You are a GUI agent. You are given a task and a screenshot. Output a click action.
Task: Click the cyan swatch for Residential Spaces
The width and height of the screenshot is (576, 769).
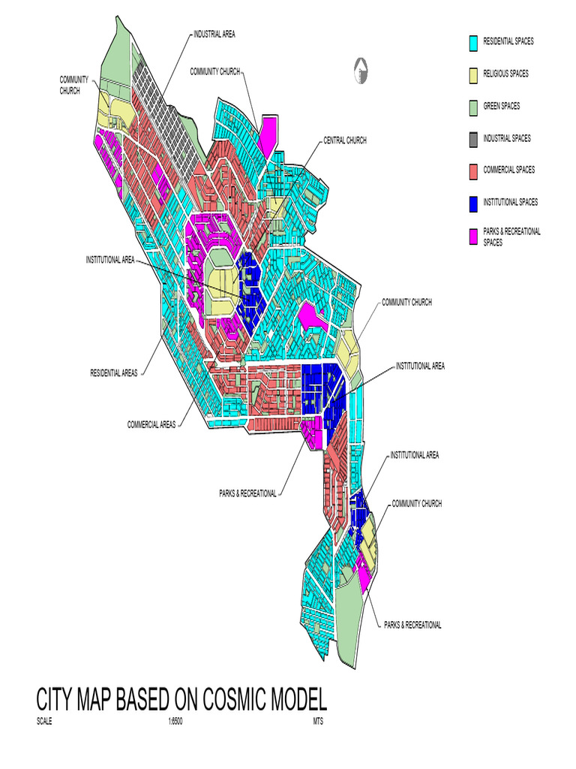(473, 42)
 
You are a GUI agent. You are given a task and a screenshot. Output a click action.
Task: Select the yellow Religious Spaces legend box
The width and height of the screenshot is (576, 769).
(473, 74)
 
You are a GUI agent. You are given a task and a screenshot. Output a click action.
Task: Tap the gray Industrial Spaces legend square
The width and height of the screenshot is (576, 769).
(473, 139)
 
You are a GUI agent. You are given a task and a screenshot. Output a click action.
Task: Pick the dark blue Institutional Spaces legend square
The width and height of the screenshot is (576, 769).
(473, 203)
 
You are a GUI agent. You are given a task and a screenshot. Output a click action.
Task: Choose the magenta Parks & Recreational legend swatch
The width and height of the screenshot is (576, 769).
(473, 237)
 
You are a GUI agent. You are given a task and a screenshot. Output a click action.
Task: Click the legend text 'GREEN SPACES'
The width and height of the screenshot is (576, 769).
(501, 107)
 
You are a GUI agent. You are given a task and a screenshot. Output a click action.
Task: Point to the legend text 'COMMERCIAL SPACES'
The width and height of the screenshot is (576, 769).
(508, 170)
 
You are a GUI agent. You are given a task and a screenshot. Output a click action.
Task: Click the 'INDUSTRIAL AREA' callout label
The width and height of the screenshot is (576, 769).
(214, 35)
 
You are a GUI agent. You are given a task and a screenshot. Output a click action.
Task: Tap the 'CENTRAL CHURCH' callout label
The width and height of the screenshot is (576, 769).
(345, 140)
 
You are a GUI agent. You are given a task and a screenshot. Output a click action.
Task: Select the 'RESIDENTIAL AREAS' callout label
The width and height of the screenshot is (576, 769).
(114, 373)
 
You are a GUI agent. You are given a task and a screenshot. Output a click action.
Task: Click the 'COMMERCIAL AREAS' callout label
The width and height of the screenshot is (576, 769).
(151, 424)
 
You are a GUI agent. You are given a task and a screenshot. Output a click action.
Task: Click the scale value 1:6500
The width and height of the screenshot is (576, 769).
(175, 721)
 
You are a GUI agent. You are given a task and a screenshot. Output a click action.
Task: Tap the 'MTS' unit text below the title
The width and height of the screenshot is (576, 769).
(318, 721)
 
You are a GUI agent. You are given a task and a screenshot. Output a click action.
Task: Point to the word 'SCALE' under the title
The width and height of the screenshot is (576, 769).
(44, 721)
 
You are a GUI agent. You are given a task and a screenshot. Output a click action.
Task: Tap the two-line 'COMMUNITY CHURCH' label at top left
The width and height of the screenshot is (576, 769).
(74, 85)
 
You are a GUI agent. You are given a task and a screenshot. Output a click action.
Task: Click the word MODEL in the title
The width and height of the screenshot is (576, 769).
(296, 700)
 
